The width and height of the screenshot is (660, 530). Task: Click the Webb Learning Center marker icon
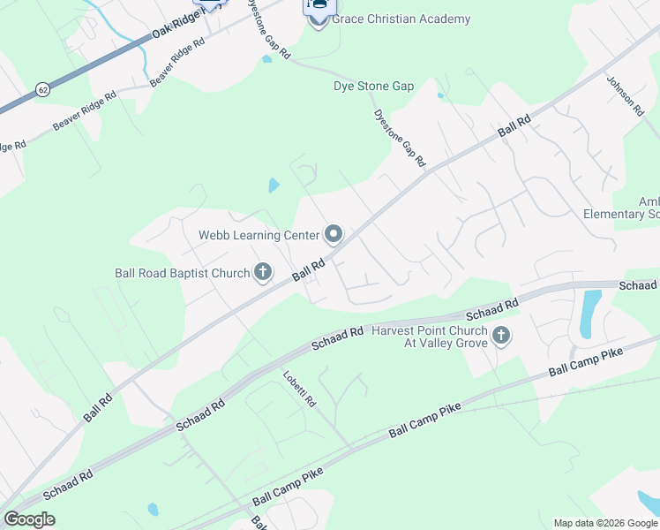[x=334, y=234]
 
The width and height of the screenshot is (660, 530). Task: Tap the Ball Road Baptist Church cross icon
[x=262, y=273]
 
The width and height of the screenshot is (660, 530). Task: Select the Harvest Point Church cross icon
[x=501, y=336]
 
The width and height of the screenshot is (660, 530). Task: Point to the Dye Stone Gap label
[x=373, y=87]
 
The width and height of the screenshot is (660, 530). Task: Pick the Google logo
[x=29, y=519]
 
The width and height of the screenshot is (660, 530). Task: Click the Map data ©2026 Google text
[x=605, y=523]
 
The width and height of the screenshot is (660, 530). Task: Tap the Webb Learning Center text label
[x=259, y=234]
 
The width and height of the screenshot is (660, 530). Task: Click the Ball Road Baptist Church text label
[x=183, y=273]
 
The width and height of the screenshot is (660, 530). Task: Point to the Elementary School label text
[x=621, y=214]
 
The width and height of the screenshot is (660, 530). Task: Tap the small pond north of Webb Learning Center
[x=274, y=185]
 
